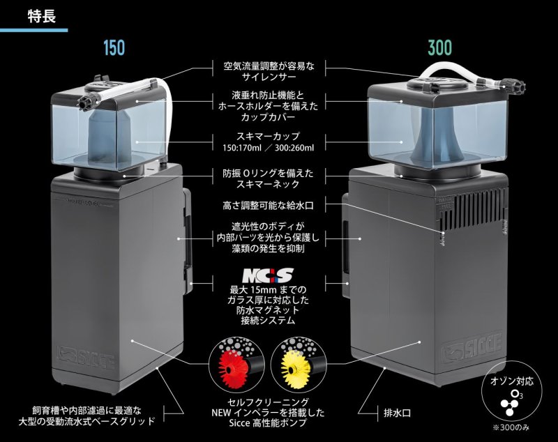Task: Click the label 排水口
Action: (x=397, y=413)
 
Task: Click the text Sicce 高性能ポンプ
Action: (x=263, y=425)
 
